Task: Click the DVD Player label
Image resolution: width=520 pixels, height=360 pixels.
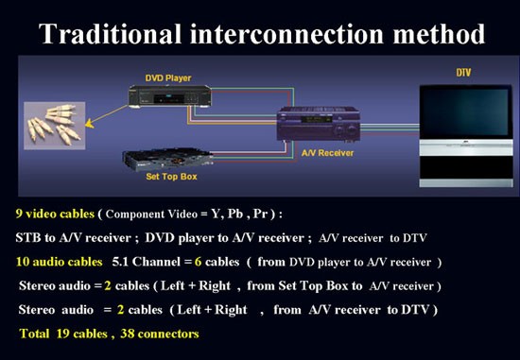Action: click(168, 78)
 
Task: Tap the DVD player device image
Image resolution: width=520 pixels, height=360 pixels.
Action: click(170, 96)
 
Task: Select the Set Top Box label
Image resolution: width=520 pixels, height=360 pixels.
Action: click(171, 177)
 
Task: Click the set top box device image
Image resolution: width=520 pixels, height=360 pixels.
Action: click(167, 159)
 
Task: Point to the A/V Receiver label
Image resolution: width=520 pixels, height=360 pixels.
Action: click(327, 153)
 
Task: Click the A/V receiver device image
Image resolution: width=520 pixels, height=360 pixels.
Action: click(319, 125)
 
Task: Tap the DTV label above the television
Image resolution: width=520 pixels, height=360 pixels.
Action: click(463, 73)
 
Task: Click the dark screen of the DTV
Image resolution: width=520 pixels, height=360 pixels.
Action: click(465, 111)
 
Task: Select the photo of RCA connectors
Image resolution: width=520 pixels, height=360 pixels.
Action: click(55, 126)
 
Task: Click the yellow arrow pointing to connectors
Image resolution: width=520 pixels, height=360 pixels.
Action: click(107, 116)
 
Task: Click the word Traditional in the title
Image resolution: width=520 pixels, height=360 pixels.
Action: click(110, 34)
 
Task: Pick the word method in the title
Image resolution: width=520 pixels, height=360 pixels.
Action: click(439, 34)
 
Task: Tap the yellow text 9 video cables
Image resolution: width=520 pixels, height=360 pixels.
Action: click(55, 214)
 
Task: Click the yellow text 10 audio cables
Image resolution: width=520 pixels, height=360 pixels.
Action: click(59, 262)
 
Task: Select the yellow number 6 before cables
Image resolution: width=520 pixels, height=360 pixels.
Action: click(198, 262)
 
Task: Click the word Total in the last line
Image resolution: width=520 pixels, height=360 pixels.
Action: click(34, 334)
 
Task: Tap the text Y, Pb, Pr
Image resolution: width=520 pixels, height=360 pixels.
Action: click(239, 214)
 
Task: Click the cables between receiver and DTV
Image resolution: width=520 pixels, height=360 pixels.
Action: click(390, 129)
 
